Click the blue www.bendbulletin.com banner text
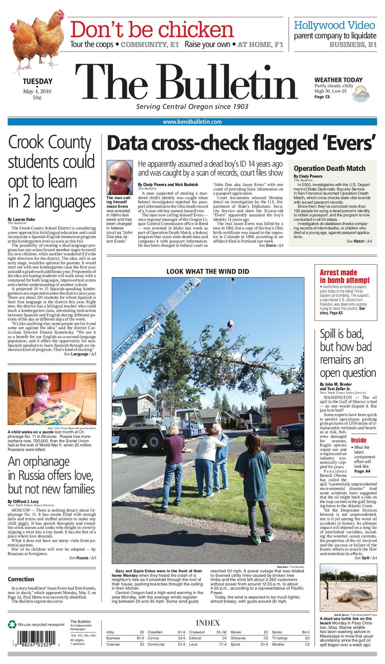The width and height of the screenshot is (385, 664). click(192, 122)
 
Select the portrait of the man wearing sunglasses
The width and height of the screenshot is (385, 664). click(119, 177)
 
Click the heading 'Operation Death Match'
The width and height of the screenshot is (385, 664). click(329, 168)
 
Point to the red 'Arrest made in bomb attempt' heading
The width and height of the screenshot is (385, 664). click(344, 276)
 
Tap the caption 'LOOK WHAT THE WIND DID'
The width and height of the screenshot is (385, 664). click(208, 271)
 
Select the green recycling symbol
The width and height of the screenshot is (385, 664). click(12, 624)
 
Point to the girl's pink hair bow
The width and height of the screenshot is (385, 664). click(42, 378)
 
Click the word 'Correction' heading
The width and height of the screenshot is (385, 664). click(21, 579)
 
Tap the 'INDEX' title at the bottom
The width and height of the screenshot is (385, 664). click(208, 623)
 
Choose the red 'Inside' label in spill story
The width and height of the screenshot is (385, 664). click(358, 440)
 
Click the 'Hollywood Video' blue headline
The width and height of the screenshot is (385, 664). click(334, 25)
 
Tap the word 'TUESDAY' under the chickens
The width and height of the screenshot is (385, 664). click(38, 81)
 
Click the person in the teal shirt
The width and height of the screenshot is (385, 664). click(254, 474)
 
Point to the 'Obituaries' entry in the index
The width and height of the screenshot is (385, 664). click(238, 638)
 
